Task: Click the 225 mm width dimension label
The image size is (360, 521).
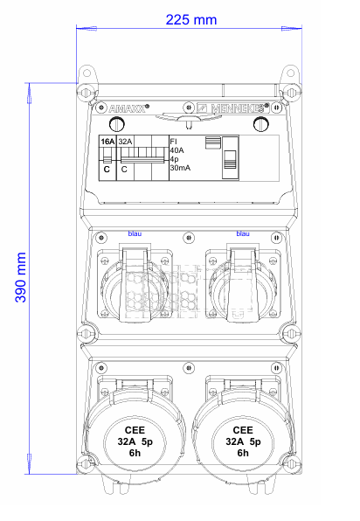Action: pos(191,20)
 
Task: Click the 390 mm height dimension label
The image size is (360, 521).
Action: pos(21,277)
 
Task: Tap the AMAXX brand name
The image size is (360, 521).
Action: pos(128,108)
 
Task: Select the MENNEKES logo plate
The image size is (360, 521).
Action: pos(232,108)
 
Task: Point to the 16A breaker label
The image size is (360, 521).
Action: pos(107,142)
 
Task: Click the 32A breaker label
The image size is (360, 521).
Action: pos(125,142)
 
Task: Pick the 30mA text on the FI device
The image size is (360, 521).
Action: pos(180,168)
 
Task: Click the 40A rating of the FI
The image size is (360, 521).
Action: pos(177,150)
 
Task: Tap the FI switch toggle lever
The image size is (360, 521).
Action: pos(230,159)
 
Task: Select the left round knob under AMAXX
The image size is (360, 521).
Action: pos(117,125)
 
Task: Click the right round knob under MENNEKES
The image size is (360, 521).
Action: pos(261,125)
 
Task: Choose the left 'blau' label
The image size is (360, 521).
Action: pos(135,233)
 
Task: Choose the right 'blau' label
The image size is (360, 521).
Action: pos(243,233)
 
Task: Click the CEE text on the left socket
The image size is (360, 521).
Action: pos(135,430)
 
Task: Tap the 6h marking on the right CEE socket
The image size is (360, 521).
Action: pos(243,453)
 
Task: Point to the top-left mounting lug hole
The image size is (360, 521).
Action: pos(87,73)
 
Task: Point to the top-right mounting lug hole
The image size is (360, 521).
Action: pos(291,73)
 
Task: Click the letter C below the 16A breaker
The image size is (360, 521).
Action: pos(107,170)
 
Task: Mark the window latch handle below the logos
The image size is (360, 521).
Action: pos(189,119)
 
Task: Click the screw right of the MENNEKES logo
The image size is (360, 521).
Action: pos(276,108)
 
